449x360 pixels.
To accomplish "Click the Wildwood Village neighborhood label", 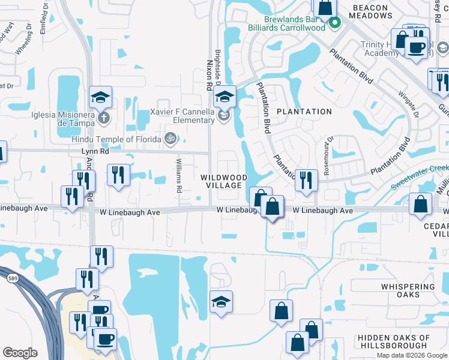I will (224, 182).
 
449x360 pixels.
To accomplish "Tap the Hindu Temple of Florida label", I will (116, 139).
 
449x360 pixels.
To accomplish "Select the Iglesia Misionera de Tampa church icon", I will (104, 117).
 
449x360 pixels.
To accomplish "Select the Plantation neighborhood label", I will (304, 112).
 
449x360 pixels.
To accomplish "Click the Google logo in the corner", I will (20, 353).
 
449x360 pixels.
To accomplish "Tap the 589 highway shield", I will (11, 278).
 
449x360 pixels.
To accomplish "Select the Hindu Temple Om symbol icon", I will (170, 139).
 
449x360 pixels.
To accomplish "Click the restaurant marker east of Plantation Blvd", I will (306, 179).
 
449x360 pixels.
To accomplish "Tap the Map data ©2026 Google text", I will (411, 355).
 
